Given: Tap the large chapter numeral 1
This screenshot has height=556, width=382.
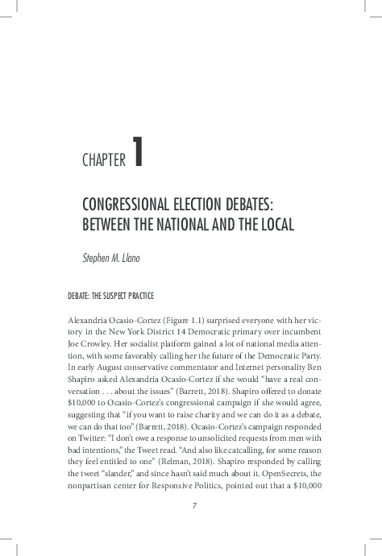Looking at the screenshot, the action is (139, 152).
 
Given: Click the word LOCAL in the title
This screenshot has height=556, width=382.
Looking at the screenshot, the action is (272, 223).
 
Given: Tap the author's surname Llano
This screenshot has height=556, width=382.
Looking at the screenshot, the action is (146, 258).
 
